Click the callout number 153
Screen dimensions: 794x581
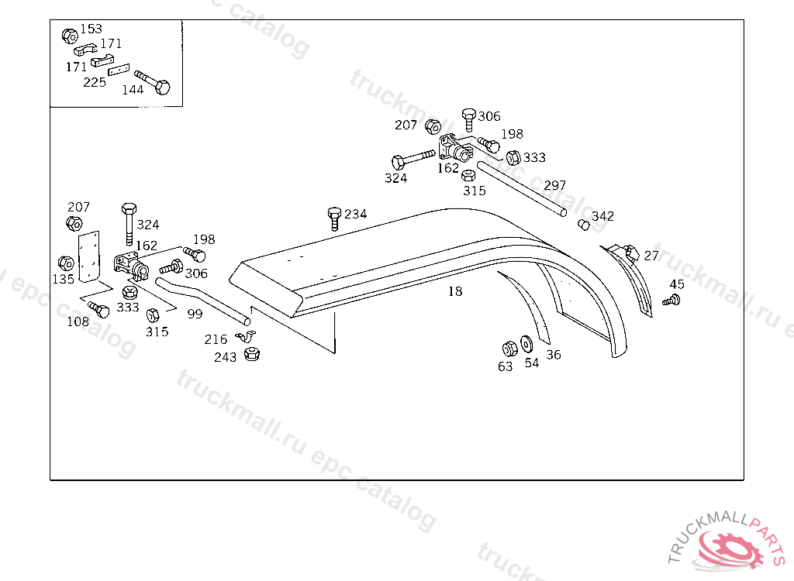[x=91, y=29]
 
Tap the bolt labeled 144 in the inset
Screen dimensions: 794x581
[x=153, y=82]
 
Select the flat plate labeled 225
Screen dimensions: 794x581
[x=119, y=70]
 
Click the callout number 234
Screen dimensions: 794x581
[x=355, y=214]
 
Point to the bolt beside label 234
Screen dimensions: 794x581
[x=334, y=218]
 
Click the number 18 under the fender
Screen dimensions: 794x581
[x=455, y=291]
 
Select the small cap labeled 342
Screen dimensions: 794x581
[x=584, y=224]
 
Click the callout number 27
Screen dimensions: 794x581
[x=651, y=255]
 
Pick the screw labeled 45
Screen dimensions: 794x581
[x=671, y=300]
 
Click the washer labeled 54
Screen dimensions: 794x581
[x=526, y=344]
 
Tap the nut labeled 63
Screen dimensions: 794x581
[x=509, y=349]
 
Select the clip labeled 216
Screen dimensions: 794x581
[x=246, y=336]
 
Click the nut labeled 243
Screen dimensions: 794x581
[x=252, y=354]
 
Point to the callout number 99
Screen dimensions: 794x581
[x=195, y=314]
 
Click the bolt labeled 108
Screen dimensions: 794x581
[x=98, y=309]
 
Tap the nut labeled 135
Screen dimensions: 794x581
[x=67, y=263]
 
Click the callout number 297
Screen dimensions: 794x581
[x=555, y=185]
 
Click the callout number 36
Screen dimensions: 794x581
[x=554, y=355]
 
